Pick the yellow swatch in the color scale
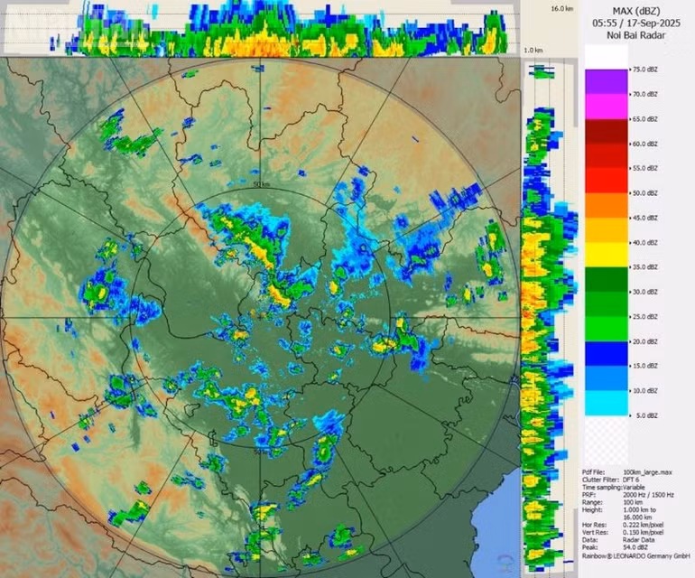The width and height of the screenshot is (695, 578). coord(606,255)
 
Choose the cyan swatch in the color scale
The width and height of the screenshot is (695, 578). coord(606,403)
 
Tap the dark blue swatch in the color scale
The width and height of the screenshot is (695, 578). coord(606,353)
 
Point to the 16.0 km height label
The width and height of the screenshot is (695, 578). coord(562,7)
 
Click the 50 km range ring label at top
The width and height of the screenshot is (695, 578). coord(262,185)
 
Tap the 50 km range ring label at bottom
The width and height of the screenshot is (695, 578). coord(262,452)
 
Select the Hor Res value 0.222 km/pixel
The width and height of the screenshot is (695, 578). coord(642,524)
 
